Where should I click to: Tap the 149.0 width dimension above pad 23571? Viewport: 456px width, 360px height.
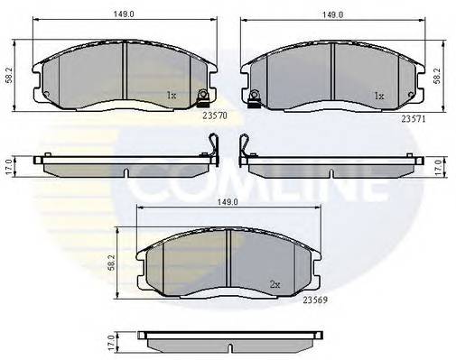click(x=333, y=13)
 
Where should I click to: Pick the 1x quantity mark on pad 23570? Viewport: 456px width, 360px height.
click(x=171, y=94)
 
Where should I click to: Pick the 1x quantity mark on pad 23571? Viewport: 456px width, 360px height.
click(x=380, y=94)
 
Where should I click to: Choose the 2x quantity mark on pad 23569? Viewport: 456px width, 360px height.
click(x=274, y=283)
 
